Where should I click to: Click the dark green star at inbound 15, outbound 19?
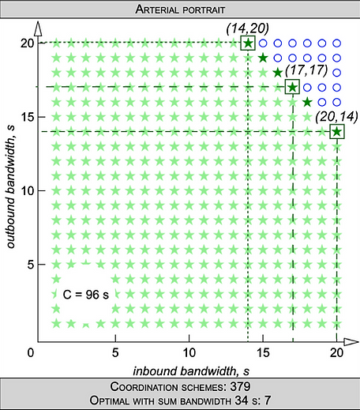coord(263,58)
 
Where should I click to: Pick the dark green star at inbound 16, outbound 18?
coord(278,73)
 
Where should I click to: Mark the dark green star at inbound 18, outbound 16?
coord(307,102)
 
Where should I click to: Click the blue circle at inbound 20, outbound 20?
coord(336,43)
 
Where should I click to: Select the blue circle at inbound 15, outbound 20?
coord(263,43)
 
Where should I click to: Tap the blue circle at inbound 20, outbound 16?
coord(336,102)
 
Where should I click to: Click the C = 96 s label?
coord(86,295)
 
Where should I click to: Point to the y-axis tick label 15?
coord(28,117)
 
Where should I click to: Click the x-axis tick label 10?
coord(189,353)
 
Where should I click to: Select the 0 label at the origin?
coord(31,353)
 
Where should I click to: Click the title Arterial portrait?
coord(180,9)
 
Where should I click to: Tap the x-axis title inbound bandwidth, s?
coord(191,371)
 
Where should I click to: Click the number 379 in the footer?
coord(240,387)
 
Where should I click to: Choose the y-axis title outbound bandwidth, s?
coord(10,186)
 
